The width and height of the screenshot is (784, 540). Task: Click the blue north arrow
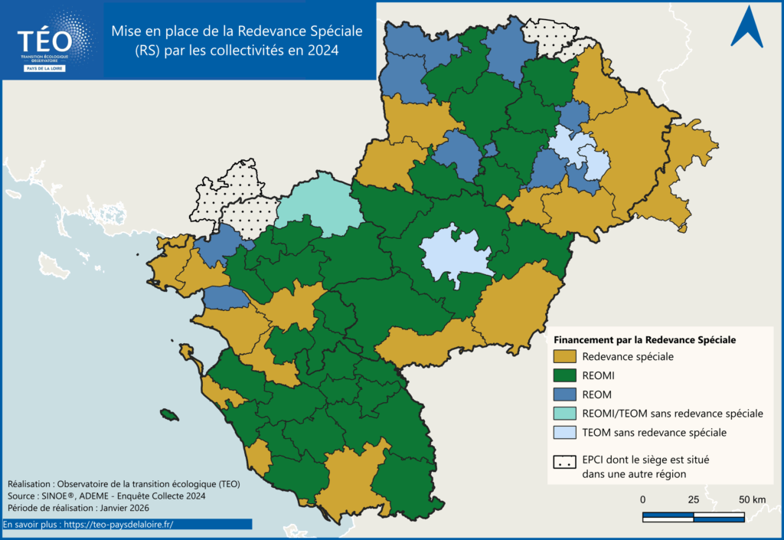(x=746, y=28)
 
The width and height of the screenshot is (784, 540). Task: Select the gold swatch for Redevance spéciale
(x=564, y=356)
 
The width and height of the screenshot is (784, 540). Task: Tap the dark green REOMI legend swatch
(x=564, y=375)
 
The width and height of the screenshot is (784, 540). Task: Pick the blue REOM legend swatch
(x=564, y=394)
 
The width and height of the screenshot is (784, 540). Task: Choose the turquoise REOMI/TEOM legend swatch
(x=564, y=414)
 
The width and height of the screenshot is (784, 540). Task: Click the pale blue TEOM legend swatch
(x=564, y=433)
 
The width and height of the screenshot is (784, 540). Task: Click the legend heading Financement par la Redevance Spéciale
(x=645, y=339)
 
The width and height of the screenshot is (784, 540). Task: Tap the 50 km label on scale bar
(x=753, y=500)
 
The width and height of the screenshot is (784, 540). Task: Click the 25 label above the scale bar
(x=694, y=500)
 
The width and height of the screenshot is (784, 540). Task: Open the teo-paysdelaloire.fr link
(x=119, y=525)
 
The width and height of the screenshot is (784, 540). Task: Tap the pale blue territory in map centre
(x=455, y=256)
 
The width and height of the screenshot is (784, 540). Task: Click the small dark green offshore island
(x=169, y=415)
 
